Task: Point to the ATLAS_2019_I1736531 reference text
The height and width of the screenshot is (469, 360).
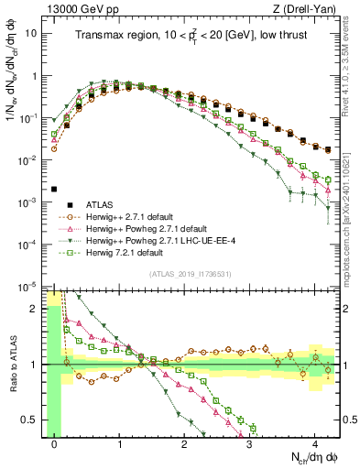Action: (x=191, y=274)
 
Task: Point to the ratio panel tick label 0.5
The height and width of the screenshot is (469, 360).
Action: (x=32, y=420)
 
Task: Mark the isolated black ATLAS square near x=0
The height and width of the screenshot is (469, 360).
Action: (x=55, y=189)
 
